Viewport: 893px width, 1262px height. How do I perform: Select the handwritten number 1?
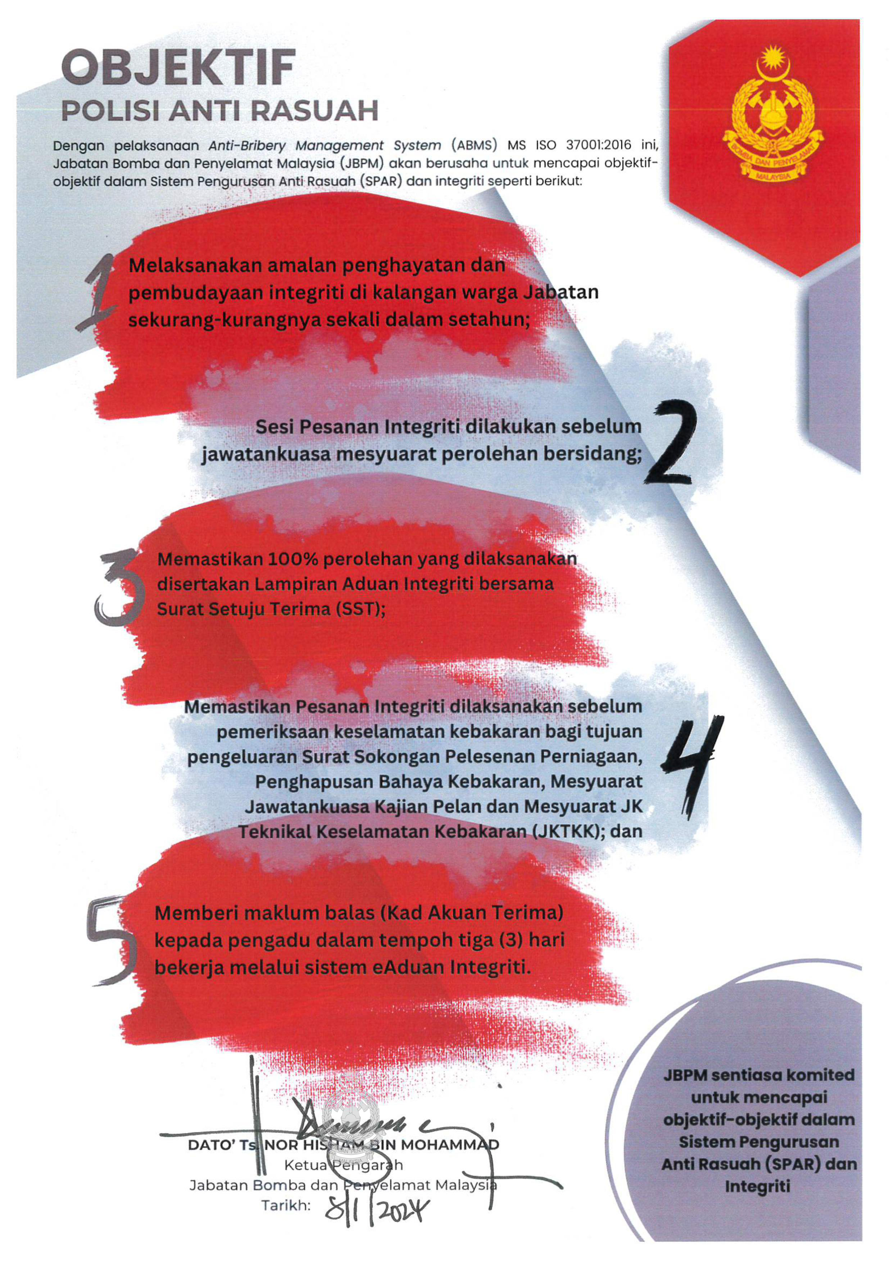[99, 294]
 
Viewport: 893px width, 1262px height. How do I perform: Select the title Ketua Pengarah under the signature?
[343, 1165]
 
